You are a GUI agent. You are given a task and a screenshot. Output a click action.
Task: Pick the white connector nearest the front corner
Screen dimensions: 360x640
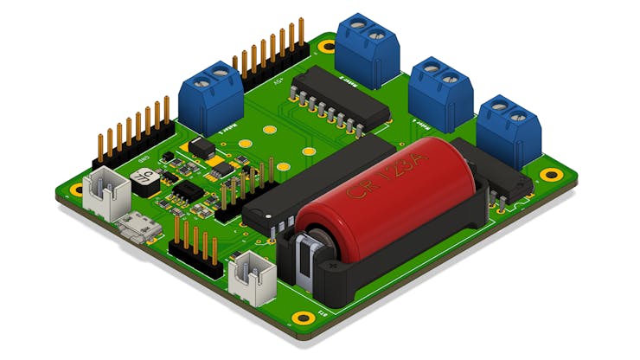click(253, 277)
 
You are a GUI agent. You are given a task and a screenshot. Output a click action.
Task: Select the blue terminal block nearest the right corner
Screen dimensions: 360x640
click(510, 133)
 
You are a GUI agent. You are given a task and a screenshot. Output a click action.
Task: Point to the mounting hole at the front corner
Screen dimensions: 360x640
click(302, 317)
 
